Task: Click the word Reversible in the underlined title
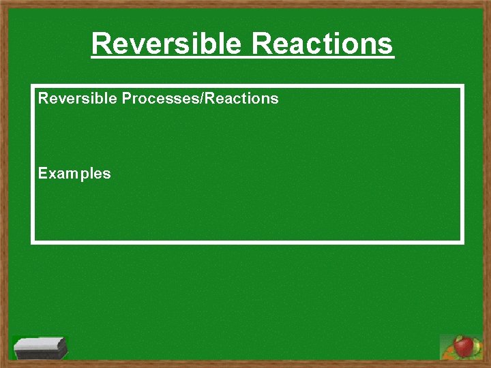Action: [x=167, y=44]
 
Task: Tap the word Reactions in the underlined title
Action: [x=322, y=44]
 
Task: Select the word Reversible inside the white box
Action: [x=77, y=98]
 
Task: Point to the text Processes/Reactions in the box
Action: [x=200, y=98]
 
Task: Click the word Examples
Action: [x=74, y=173]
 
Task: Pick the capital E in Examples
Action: [x=42, y=173]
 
